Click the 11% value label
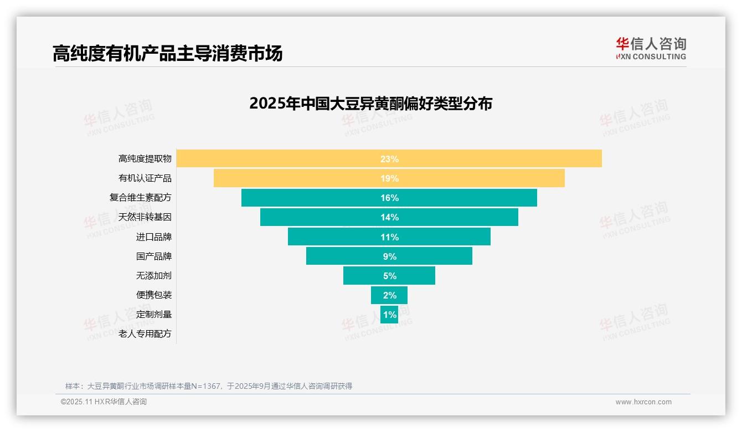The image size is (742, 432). coord(389,237)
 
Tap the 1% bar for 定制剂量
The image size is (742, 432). coord(389,315)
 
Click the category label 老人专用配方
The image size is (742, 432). coord(145,334)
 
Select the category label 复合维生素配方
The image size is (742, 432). coord(141,198)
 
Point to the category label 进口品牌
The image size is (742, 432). coord(154,237)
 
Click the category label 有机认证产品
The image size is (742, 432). coord(145,178)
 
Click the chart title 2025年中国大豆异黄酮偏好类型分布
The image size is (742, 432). coord(370,104)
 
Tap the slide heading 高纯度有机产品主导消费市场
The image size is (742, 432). coord(167,53)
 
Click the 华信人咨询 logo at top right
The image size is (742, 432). coord(651,49)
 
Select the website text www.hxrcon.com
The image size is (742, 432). coord(643,402)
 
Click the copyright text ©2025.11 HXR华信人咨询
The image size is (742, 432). coord(104,402)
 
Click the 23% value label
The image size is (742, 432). coord(389,159)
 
